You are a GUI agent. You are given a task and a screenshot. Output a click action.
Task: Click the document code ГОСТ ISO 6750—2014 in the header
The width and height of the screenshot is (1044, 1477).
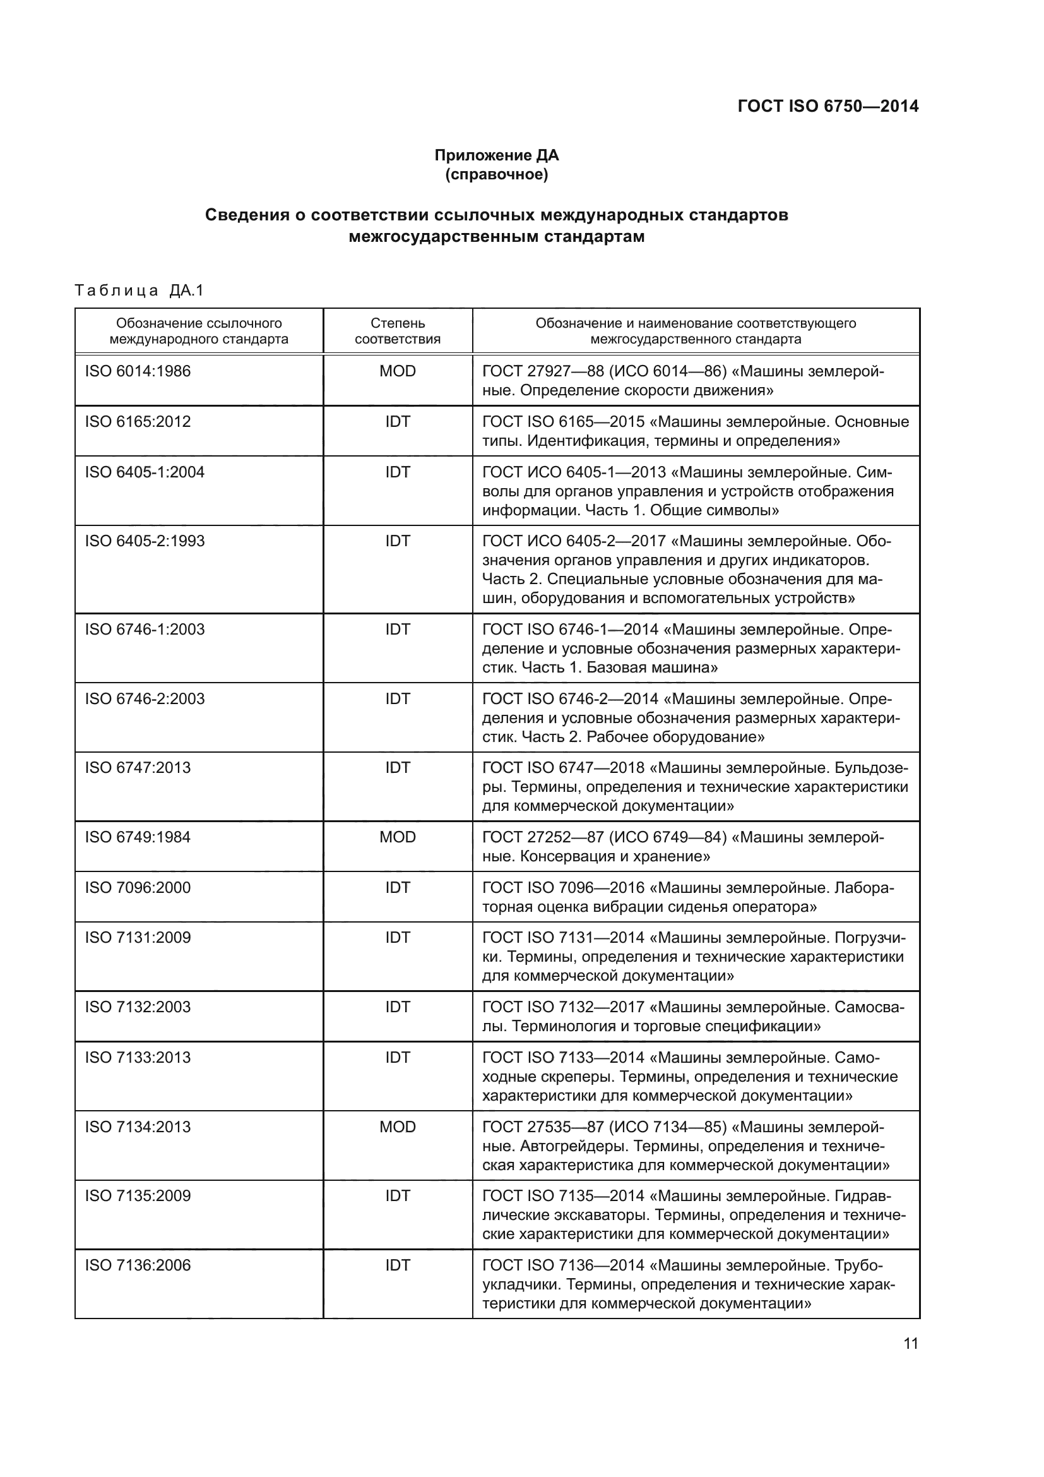[827, 106]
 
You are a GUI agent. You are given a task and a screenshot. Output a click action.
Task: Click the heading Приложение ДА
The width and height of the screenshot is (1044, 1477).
[496, 155]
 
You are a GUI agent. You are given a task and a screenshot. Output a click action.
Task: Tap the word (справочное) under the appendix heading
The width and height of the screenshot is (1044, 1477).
[496, 174]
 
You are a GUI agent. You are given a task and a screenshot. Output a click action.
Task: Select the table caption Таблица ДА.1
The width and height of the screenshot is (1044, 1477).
[139, 290]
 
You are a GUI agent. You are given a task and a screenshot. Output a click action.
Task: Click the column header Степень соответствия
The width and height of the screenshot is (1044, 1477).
[397, 331]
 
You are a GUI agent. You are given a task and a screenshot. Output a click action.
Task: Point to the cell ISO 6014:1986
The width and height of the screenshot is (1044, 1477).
[138, 371]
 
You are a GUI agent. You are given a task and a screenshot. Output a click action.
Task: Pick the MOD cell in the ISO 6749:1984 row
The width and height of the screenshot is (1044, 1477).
[397, 837]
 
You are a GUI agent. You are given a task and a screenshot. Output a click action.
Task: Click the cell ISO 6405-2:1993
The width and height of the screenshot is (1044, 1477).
[145, 541]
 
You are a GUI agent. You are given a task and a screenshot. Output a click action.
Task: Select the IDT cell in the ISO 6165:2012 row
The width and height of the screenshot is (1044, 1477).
[397, 421]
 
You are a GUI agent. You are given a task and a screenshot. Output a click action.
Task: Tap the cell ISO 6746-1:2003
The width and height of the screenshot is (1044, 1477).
[145, 629]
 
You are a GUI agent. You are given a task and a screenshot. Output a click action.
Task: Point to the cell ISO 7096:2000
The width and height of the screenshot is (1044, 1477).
[138, 887]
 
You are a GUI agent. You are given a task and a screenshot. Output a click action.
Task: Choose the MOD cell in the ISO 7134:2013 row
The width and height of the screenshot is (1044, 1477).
[397, 1127]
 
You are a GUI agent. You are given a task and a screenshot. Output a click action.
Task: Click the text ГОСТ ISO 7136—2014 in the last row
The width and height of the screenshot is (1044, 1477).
[563, 1265]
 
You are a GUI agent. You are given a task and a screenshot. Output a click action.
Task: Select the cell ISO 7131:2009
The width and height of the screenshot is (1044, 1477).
[138, 937]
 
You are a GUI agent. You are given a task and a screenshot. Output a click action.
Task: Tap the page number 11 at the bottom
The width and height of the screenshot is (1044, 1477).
[910, 1343]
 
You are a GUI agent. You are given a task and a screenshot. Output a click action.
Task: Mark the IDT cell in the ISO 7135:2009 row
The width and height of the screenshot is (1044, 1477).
[397, 1196]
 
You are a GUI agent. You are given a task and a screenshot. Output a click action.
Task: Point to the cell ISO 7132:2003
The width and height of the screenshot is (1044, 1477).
[138, 1007]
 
